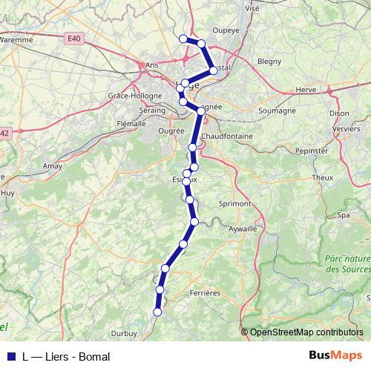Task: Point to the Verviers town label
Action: click(x=345, y=128)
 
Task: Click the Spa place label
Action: click(x=344, y=215)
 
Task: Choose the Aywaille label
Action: click(x=243, y=229)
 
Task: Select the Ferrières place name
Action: click(x=206, y=293)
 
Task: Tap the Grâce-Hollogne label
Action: click(x=129, y=96)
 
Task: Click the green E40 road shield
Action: click(x=72, y=39)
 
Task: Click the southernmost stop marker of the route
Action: click(x=157, y=312)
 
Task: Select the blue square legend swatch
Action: click(x=11, y=357)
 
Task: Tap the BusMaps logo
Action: click(x=335, y=356)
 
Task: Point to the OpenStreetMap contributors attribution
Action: click(x=306, y=332)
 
